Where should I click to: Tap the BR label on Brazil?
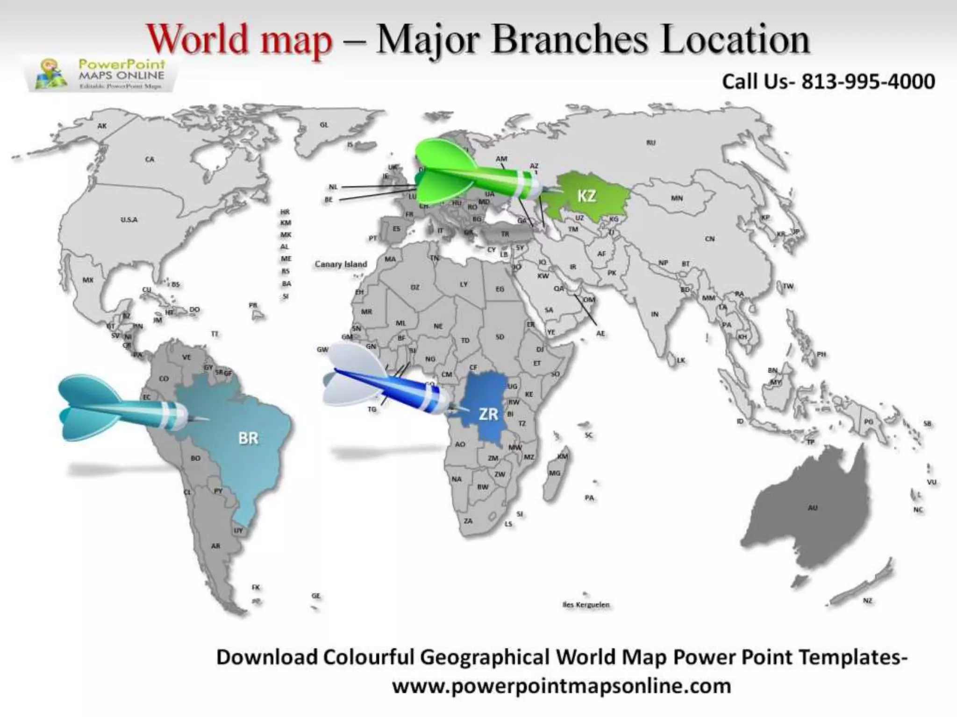[x=248, y=438]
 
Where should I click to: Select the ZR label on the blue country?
[x=488, y=414]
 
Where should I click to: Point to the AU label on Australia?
[x=813, y=507]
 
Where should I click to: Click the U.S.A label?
[x=129, y=219]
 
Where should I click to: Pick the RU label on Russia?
[x=651, y=142]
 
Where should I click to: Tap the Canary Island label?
[x=341, y=264]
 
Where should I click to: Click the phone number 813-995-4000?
[x=868, y=81]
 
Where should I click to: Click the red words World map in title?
[x=240, y=40]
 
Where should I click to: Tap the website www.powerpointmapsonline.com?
[x=561, y=686]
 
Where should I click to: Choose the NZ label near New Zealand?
[x=868, y=601]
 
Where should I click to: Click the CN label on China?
[x=710, y=239]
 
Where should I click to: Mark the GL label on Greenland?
[x=324, y=125]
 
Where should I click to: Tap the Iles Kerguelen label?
[x=586, y=605]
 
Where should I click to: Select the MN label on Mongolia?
[x=677, y=198]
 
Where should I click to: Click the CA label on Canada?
[x=149, y=159]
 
